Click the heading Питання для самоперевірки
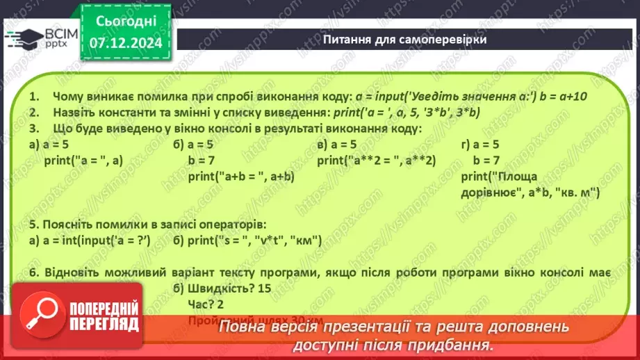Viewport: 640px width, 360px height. [404, 40]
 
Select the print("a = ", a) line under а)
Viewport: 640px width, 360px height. [83, 161]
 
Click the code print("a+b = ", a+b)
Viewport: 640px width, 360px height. [241, 177]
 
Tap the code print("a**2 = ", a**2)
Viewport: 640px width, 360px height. [376, 161]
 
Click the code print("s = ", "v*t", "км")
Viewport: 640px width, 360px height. [247, 240]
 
